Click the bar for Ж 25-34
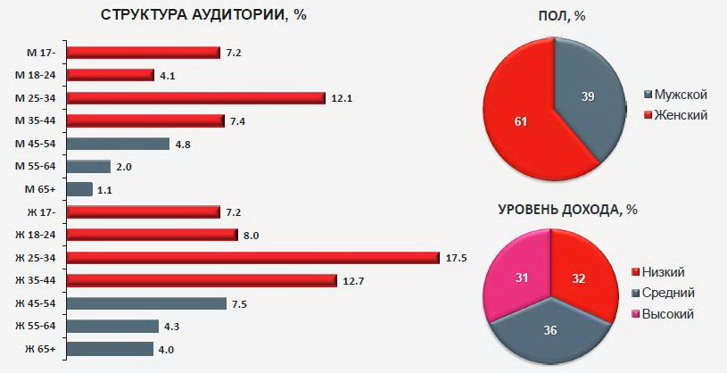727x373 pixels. click(x=254, y=258)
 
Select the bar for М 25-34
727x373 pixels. click(x=196, y=97)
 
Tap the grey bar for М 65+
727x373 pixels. click(x=80, y=189)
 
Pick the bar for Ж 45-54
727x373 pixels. click(x=148, y=303)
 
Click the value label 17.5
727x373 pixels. click(x=456, y=258)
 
